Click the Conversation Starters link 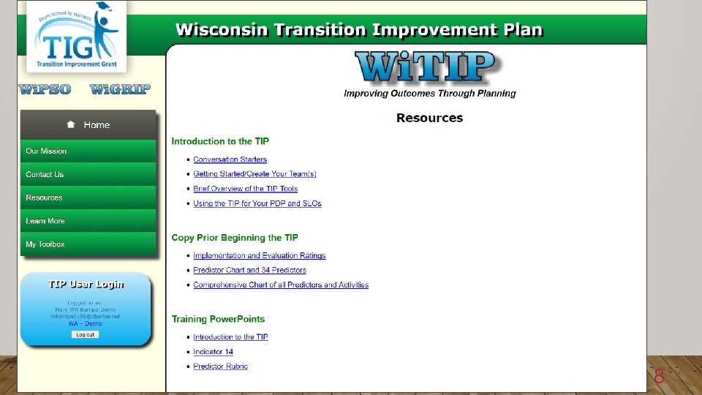point(230,159)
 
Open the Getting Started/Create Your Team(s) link point(254,174)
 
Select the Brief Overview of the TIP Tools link point(245,189)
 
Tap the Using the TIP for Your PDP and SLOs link point(257,203)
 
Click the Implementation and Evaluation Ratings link point(259,256)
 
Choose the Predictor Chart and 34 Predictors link point(249,271)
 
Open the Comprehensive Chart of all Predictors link point(281,285)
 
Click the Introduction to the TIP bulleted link point(230,337)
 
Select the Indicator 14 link point(213,352)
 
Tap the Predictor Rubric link point(220,366)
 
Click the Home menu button point(88,125)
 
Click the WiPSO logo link point(45,90)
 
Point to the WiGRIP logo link point(120,90)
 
